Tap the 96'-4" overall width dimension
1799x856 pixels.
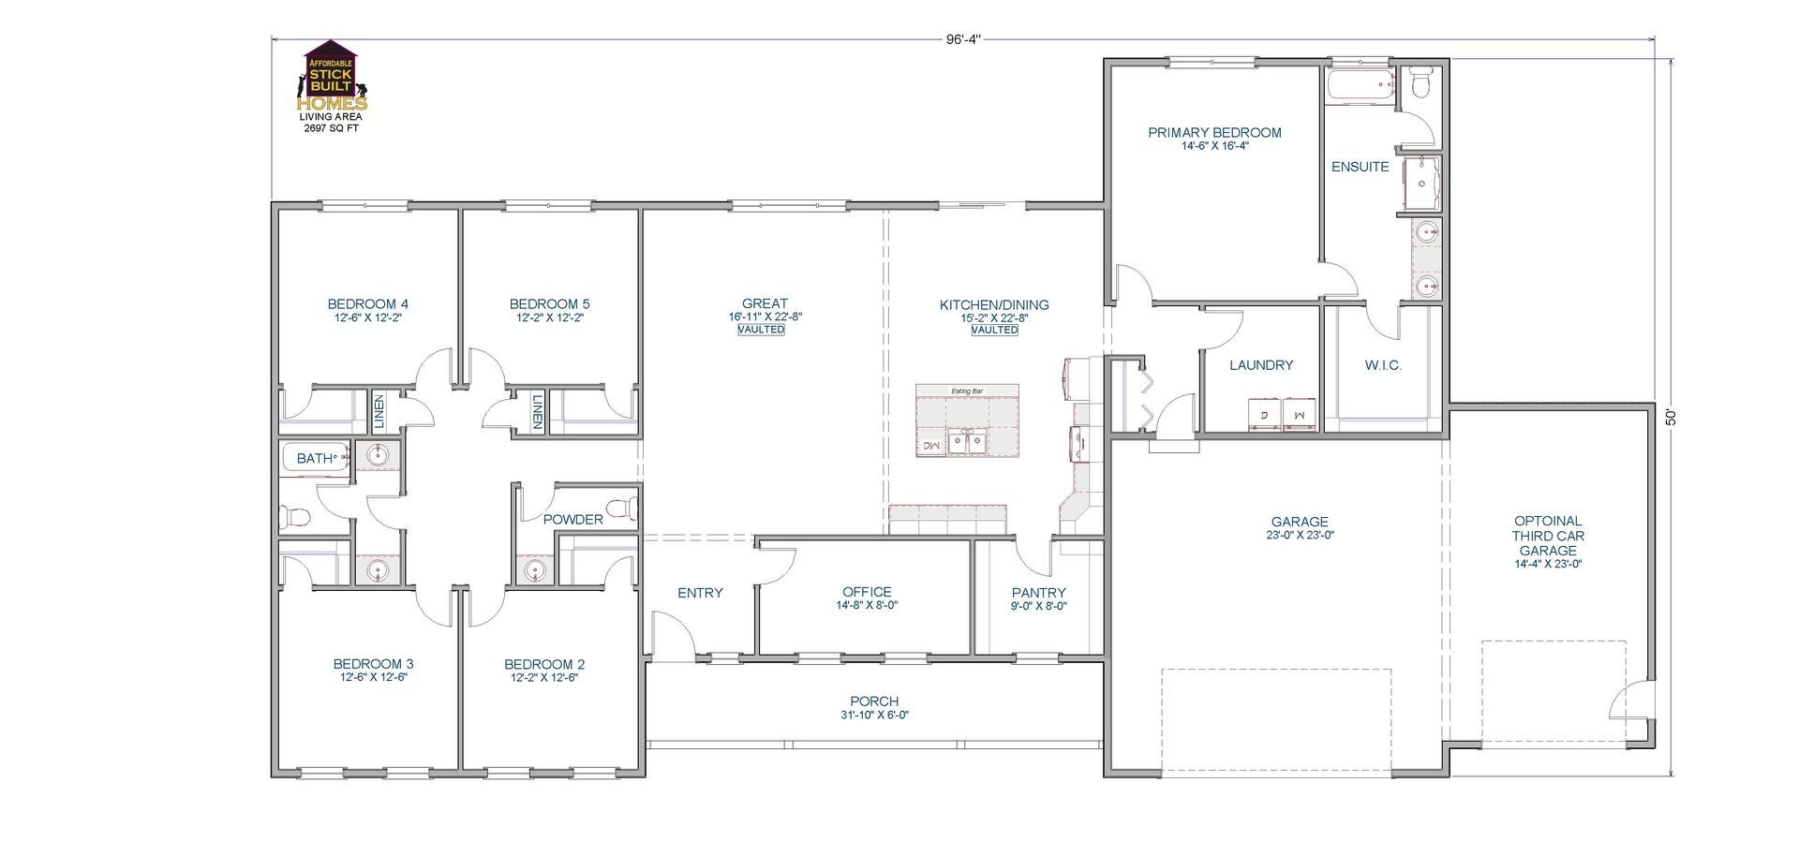tap(962, 39)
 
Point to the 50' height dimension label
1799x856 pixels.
tap(1671, 416)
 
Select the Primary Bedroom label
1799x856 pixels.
tap(1214, 133)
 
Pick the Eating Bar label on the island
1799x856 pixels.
tap(967, 391)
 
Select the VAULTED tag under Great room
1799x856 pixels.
tap(761, 330)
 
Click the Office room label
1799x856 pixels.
tap(867, 592)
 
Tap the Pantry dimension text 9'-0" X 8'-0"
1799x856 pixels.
tap(1039, 606)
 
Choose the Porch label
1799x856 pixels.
tap(874, 701)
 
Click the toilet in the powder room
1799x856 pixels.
tap(621, 509)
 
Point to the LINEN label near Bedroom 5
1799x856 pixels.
tap(537, 412)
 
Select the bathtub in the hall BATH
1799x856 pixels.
tap(315, 458)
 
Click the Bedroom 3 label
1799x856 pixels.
tap(373, 664)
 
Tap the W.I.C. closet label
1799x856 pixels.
tap(1383, 365)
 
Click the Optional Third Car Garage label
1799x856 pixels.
tap(1548, 536)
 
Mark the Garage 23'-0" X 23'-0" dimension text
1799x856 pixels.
tap(1300, 536)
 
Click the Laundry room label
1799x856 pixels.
tap(1261, 365)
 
